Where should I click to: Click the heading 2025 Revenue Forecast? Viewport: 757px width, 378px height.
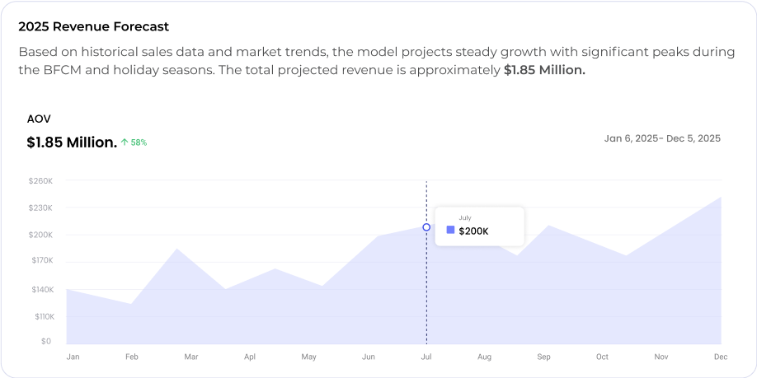(93, 26)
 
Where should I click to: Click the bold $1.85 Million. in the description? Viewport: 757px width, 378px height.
(544, 70)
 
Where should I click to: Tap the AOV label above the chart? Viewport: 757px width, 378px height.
(39, 119)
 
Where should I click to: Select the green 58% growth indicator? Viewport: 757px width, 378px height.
(134, 142)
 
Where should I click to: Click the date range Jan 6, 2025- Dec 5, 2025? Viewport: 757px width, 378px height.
(662, 138)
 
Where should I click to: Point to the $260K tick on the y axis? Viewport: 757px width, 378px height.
(40, 180)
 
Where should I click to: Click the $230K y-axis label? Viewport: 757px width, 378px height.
(40, 208)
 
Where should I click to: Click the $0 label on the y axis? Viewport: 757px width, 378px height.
(46, 341)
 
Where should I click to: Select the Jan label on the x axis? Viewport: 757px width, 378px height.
(73, 357)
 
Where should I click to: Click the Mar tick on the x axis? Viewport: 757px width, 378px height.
(191, 357)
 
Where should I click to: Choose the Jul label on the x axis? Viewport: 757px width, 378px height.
(426, 357)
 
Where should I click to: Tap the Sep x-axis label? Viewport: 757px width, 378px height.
(543, 357)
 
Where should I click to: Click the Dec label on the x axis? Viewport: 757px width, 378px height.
(721, 357)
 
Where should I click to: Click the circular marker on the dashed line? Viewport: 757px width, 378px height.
(426, 227)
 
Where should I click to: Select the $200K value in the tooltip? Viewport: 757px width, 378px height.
(473, 231)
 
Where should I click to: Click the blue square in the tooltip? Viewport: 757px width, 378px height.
(450, 231)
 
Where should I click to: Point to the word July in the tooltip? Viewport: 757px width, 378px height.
(465, 217)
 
